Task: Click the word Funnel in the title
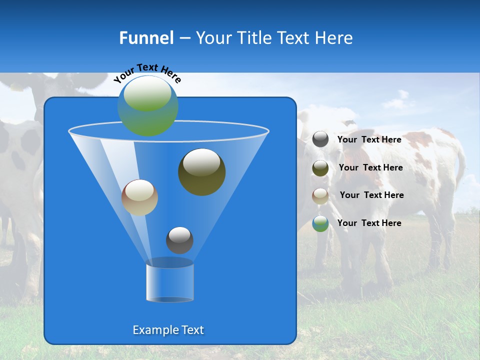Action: point(146,38)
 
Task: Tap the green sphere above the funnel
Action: point(148,105)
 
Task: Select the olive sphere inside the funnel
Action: point(201,172)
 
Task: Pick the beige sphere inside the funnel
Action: point(139,197)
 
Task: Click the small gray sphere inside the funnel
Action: point(179,240)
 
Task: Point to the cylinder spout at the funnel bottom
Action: point(169,282)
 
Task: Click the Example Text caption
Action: point(168,330)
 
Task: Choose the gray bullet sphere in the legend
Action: point(320,139)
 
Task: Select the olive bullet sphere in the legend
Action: point(320,168)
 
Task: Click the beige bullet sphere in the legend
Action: point(320,196)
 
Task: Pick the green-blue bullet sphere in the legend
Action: point(320,223)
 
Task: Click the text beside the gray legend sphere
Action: point(369,139)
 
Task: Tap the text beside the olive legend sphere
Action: point(370,167)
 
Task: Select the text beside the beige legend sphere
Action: point(371,195)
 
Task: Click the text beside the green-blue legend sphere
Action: point(369,223)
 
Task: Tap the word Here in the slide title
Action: point(332,38)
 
